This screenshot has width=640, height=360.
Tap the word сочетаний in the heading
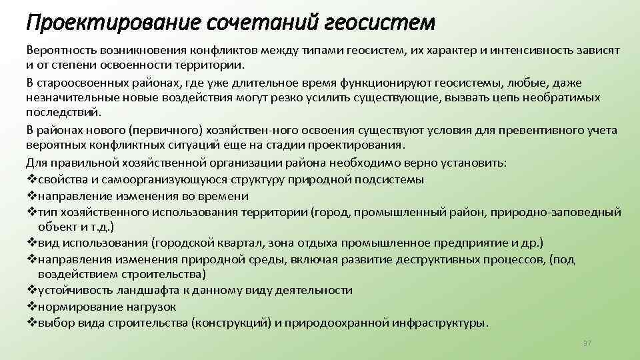click(x=245, y=22)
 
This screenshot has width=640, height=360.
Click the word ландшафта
click(x=138, y=291)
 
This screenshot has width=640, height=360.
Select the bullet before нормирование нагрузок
click(x=31, y=307)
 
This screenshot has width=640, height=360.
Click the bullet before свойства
click(x=31, y=180)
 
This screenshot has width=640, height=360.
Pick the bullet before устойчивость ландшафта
click(x=31, y=291)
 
